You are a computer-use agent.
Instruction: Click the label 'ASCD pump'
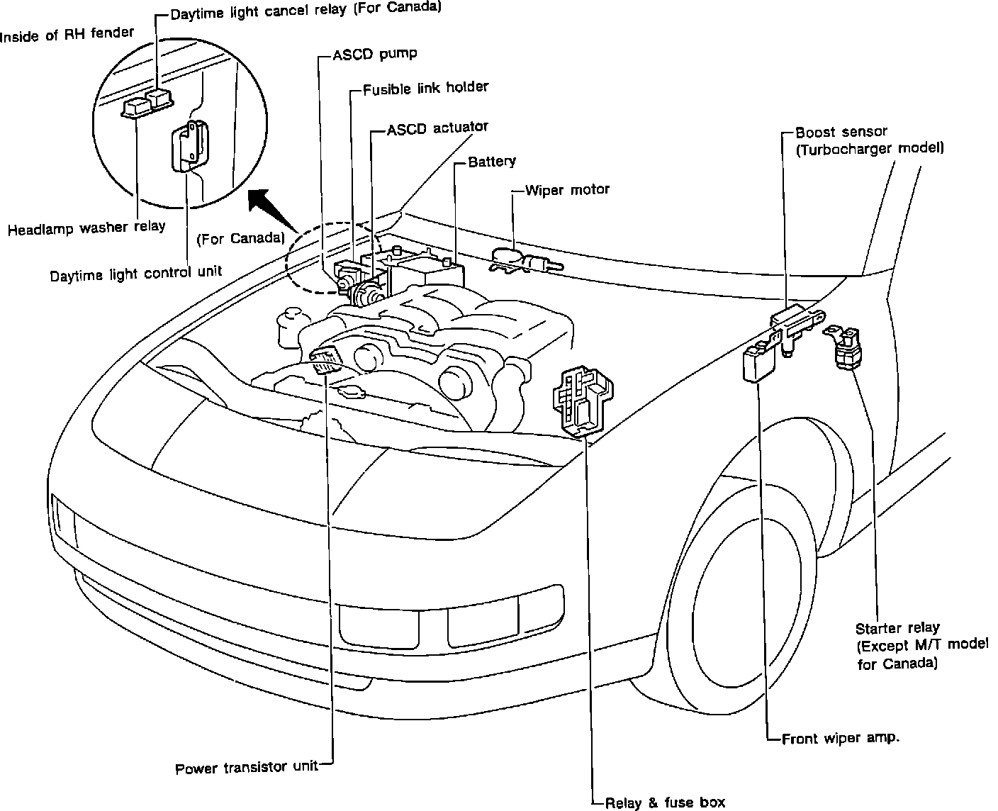[x=374, y=54]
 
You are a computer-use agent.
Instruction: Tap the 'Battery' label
[x=492, y=162]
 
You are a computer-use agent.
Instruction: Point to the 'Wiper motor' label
[x=567, y=190]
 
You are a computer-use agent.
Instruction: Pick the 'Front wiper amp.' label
[x=841, y=738]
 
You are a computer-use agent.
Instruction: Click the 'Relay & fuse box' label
[x=665, y=802]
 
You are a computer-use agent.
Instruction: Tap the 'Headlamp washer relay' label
[x=86, y=228]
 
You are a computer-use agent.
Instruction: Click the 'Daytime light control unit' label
[x=135, y=273]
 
